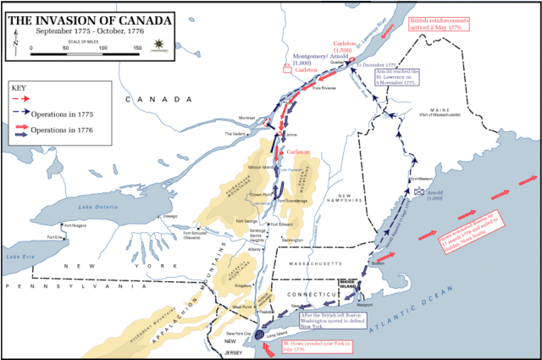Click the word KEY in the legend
coord(19,86)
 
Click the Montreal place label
coord(246,118)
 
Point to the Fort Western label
coord(420,179)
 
